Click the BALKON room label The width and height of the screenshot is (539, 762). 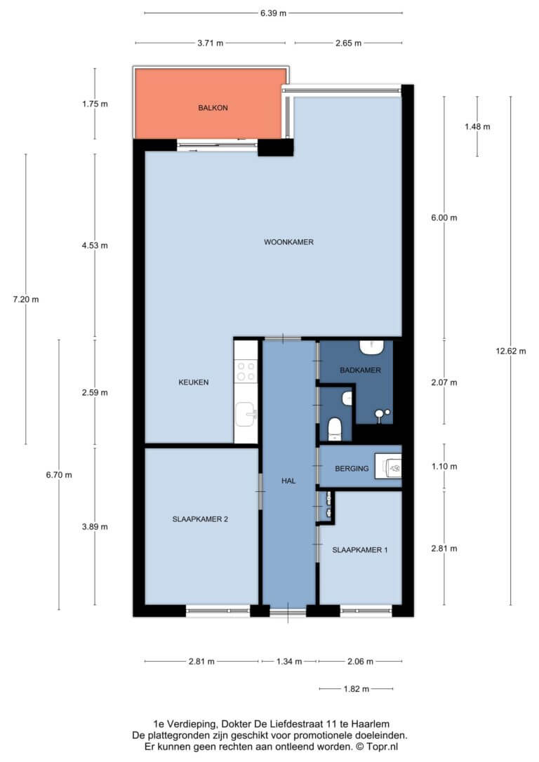click(213, 108)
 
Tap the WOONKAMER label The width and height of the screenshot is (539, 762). click(288, 242)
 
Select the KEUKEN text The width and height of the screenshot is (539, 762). click(194, 382)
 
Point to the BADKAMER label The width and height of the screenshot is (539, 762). click(360, 370)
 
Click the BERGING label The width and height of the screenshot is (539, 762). click(352, 469)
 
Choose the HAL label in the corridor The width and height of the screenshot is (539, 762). click(288, 481)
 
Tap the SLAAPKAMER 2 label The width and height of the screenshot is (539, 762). click(200, 519)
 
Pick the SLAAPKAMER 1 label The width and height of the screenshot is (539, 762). click(360, 550)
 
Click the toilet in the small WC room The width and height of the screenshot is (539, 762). click(334, 429)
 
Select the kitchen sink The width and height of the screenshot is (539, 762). click(246, 414)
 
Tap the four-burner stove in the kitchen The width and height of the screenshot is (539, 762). click(246, 371)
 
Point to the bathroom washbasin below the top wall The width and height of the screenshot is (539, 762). click(372, 347)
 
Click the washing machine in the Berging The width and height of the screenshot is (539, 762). click(389, 468)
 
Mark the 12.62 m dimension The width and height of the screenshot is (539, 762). click(511, 352)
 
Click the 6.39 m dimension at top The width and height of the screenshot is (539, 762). click(273, 13)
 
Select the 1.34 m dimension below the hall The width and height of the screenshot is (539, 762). click(289, 662)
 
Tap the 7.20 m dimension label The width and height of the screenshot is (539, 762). click(26, 300)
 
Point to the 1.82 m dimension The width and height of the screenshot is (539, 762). click(357, 688)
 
